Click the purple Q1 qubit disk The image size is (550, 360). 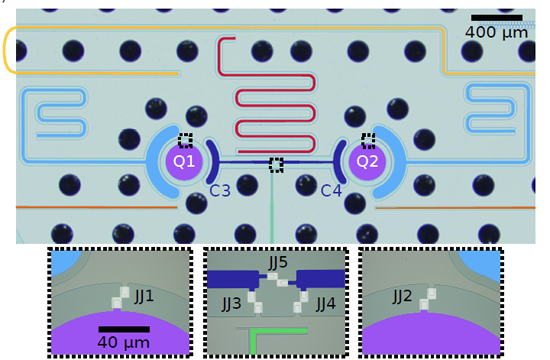tap(182, 162)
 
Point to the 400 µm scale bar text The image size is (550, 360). tap(496, 33)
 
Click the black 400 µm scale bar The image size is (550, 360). tap(497, 17)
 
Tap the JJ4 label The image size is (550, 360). tap(325, 301)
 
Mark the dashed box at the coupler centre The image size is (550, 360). tap(276, 163)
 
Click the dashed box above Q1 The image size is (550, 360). tap(185, 141)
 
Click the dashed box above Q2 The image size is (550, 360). tap(368, 140)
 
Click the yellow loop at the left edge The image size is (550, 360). tap(8, 50)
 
